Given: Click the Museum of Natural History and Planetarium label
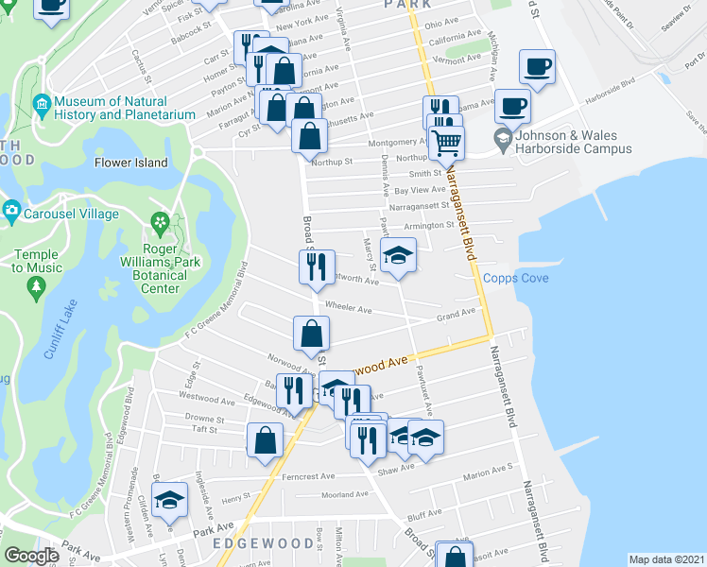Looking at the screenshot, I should [x=111, y=108].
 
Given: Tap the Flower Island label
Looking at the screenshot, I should [x=130, y=163].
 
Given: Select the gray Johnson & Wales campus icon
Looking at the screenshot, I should [x=503, y=142].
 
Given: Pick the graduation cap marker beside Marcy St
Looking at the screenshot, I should [x=398, y=255].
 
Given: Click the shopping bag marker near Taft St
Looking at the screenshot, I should [x=266, y=439].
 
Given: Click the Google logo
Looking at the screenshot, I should [x=31, y=556].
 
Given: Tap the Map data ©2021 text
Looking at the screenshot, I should [x=666, y=559].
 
